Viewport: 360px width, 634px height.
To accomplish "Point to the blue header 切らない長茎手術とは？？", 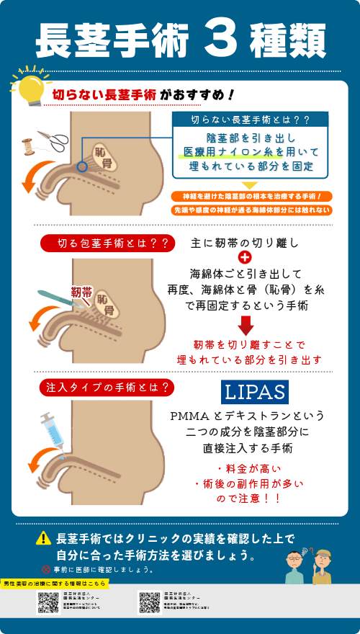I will tap(250, 120).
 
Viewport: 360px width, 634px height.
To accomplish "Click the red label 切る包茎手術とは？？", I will tap(107, 244).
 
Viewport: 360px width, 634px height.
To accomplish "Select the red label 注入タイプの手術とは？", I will tap(107, 388).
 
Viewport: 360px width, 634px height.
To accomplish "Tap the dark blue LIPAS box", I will tap(253, 392).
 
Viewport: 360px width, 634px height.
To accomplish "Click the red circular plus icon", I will tap(245, 258).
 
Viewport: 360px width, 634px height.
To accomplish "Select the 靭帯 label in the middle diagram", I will tap(81, 291).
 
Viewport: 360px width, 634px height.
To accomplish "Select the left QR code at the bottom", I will tap(48, 602).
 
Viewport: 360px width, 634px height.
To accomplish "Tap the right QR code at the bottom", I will tap(149, 602).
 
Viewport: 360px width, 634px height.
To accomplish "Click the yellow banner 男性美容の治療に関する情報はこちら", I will tap(55, 582).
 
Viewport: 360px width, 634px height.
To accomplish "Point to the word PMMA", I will tap(189, 416).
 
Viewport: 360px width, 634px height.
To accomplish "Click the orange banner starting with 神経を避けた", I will tap(251, 196).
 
